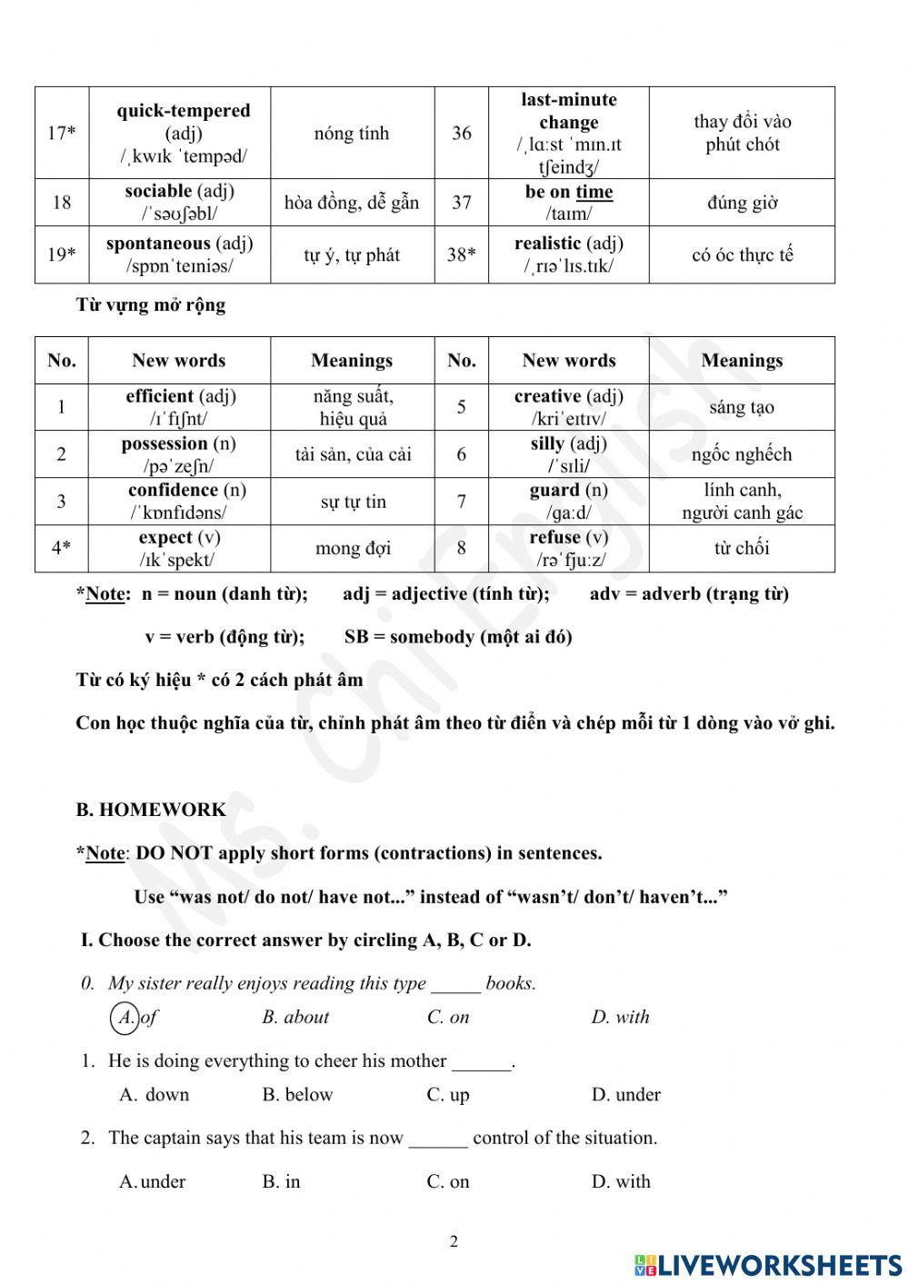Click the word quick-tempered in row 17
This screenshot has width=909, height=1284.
pos(183,111)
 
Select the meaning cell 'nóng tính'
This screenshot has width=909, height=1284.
pos(352,134)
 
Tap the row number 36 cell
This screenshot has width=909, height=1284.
pos(462,134)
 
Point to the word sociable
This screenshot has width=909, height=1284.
pos(158,192)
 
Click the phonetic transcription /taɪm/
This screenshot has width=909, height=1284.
pos(569,214)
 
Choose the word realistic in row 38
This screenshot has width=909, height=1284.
pos(547,244)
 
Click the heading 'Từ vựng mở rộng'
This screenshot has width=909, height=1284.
pos(151,305)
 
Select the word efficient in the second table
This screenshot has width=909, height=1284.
pos(160,396)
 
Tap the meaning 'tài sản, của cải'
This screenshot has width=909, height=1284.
pos(353,454)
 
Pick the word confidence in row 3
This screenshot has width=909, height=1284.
pos(174,491)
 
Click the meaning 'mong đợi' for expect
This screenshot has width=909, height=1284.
pos(353,549)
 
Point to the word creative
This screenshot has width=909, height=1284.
pos(548,396)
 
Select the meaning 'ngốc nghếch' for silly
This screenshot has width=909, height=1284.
pos(742,454)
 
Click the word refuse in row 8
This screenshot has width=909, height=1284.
pos(557,538)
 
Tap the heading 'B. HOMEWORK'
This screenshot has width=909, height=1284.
pos(151,810)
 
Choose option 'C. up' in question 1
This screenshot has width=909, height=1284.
pos(448,1095)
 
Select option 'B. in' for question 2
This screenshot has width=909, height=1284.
pos(281,1182)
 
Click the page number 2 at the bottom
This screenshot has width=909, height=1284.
pos(454,1241)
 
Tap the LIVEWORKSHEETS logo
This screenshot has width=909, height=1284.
pos(768,1265)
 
